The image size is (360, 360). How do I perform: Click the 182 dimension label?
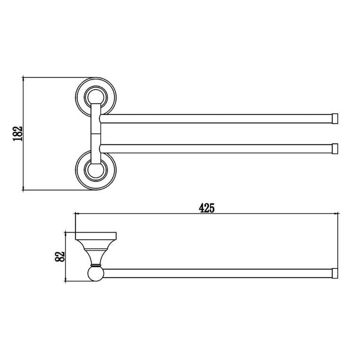tap(18, 134)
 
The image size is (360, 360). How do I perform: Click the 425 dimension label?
tap(207, 208)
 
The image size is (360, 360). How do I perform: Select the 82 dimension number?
tap(60, 256)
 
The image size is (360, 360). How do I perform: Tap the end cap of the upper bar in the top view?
tap(335, 118)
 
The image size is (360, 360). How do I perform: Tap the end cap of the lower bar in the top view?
tap(335, 149)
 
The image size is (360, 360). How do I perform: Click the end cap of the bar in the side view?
tap(335, 273)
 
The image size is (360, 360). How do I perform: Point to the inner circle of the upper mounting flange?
tap(96, 97)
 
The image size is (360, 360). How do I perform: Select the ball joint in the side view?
tap(96, 274)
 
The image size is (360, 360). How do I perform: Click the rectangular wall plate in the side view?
tap(96, 236)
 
